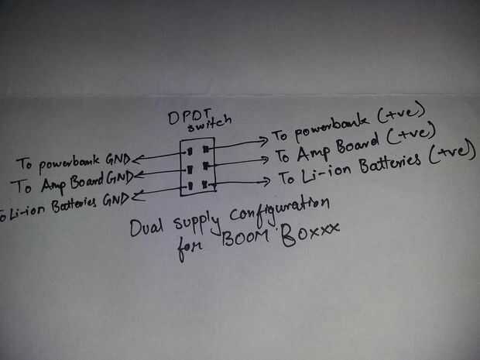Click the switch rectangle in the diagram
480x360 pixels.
coord(196,166)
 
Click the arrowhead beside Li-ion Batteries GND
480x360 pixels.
coord(137,198)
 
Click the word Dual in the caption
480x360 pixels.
coord(146,230)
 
